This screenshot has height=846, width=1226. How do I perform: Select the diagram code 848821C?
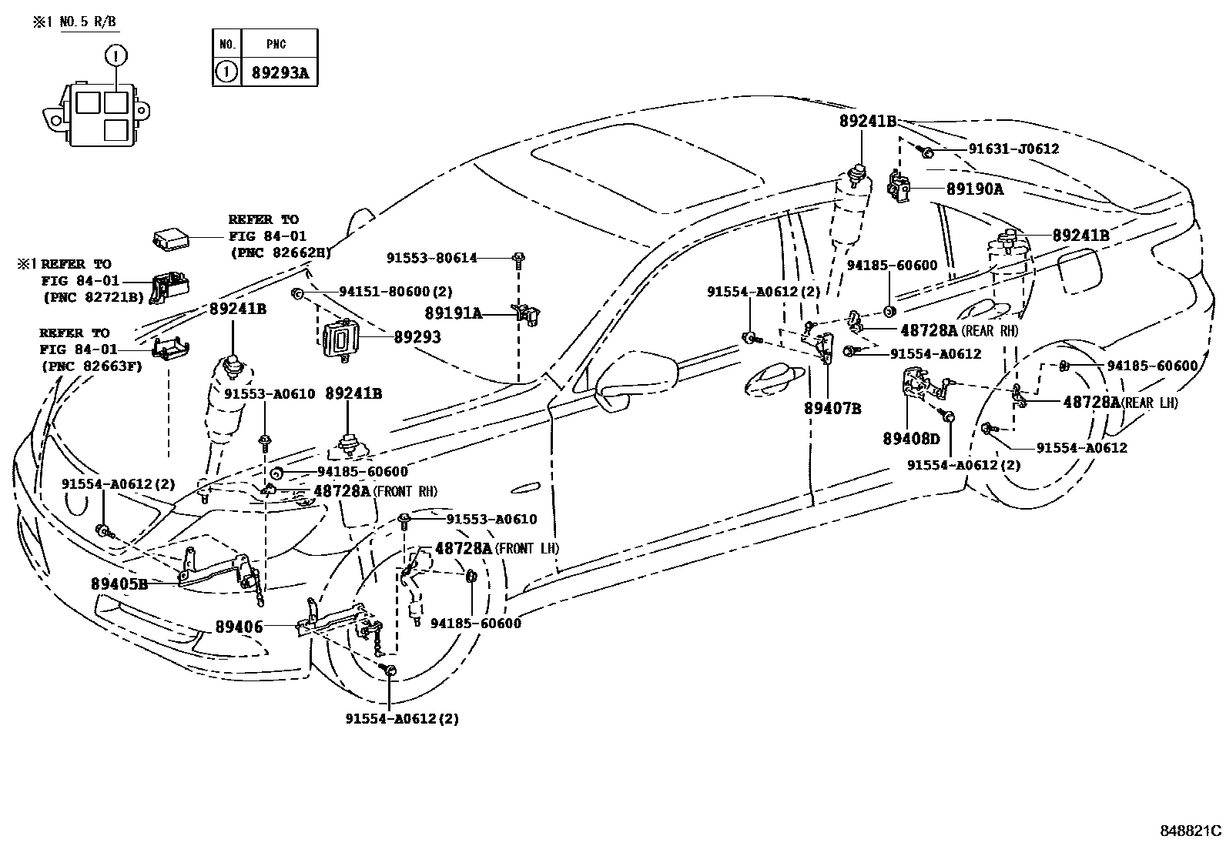click(1191, 831)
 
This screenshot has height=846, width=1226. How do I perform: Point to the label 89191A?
click(453, 313)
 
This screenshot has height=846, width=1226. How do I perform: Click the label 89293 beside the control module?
click(417, 336)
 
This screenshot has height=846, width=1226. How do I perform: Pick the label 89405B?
click(119, 584)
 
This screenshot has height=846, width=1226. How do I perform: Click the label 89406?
click(239, 627)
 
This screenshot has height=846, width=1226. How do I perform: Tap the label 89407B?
click(832, 409)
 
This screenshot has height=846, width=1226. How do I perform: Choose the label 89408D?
click(911, 439)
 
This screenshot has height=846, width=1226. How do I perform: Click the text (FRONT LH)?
click(527, 549)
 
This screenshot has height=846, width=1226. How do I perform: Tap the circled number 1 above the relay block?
click(116, 55)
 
